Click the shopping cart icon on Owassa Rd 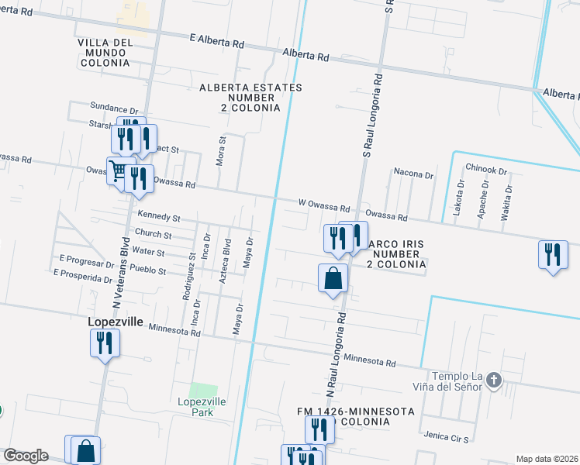(119, 171)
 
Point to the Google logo (26, 456)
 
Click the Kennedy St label (158, 218)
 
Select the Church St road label (153, 234)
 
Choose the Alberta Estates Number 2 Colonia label (250, 98)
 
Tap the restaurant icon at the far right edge (552, 256)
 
